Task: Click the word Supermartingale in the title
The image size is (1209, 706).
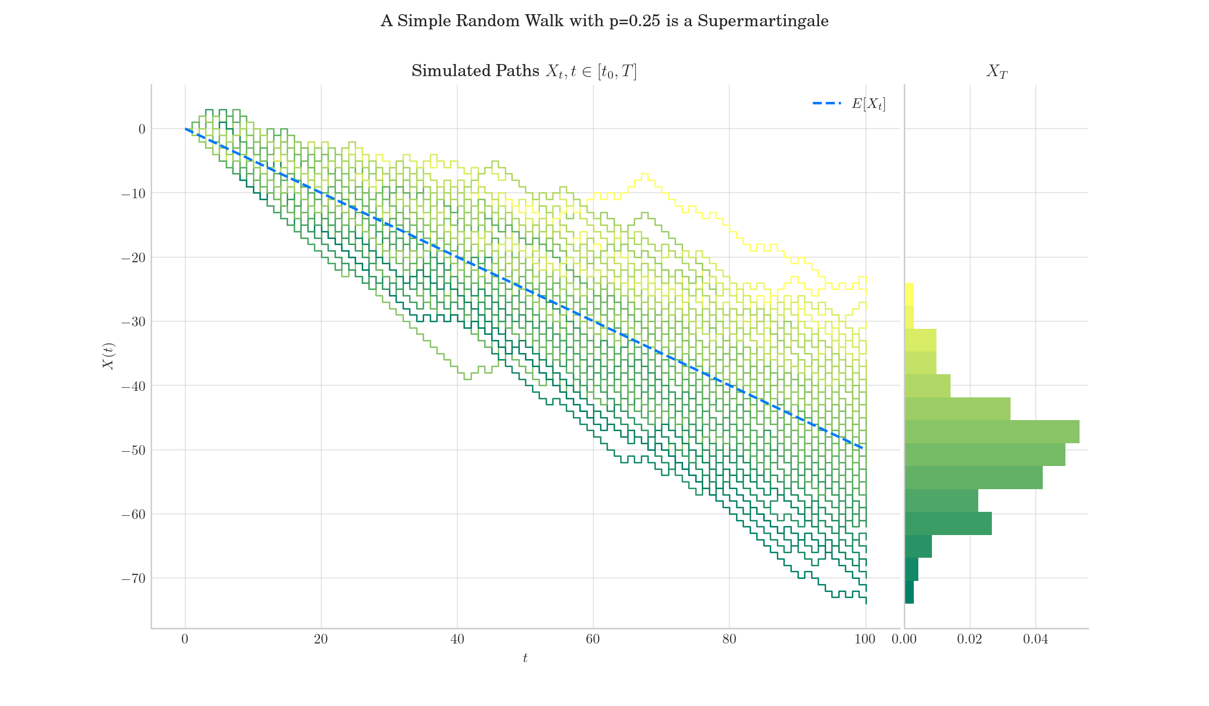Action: pos(763,21)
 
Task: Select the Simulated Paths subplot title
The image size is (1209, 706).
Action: pos(524,71)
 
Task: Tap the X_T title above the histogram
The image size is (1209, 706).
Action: pos(996,72)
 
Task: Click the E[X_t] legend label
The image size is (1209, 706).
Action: pos(868,104)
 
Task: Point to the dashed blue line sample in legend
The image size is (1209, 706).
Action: pos(827,103)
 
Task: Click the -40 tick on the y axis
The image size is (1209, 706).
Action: pos(133,386)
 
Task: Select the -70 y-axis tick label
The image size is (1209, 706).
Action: pos(133,578)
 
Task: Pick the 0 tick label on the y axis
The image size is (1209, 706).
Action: pos(142,129)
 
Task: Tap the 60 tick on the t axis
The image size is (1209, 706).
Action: pos(593,639)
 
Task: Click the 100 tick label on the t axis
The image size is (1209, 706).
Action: pos(865,639)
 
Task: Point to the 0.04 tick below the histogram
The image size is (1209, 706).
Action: pos(1035,639)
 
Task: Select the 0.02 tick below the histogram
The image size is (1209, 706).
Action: pos(970,639)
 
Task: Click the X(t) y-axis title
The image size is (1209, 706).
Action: pos(109,356)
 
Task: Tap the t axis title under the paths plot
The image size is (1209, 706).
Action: pos(525,658)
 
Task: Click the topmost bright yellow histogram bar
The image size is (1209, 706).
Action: pos(909,295)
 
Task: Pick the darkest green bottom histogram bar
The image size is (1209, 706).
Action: pos(909,592)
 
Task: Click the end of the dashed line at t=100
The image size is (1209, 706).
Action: pos(864,448)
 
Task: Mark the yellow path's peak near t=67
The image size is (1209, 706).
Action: pos(644,174)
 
